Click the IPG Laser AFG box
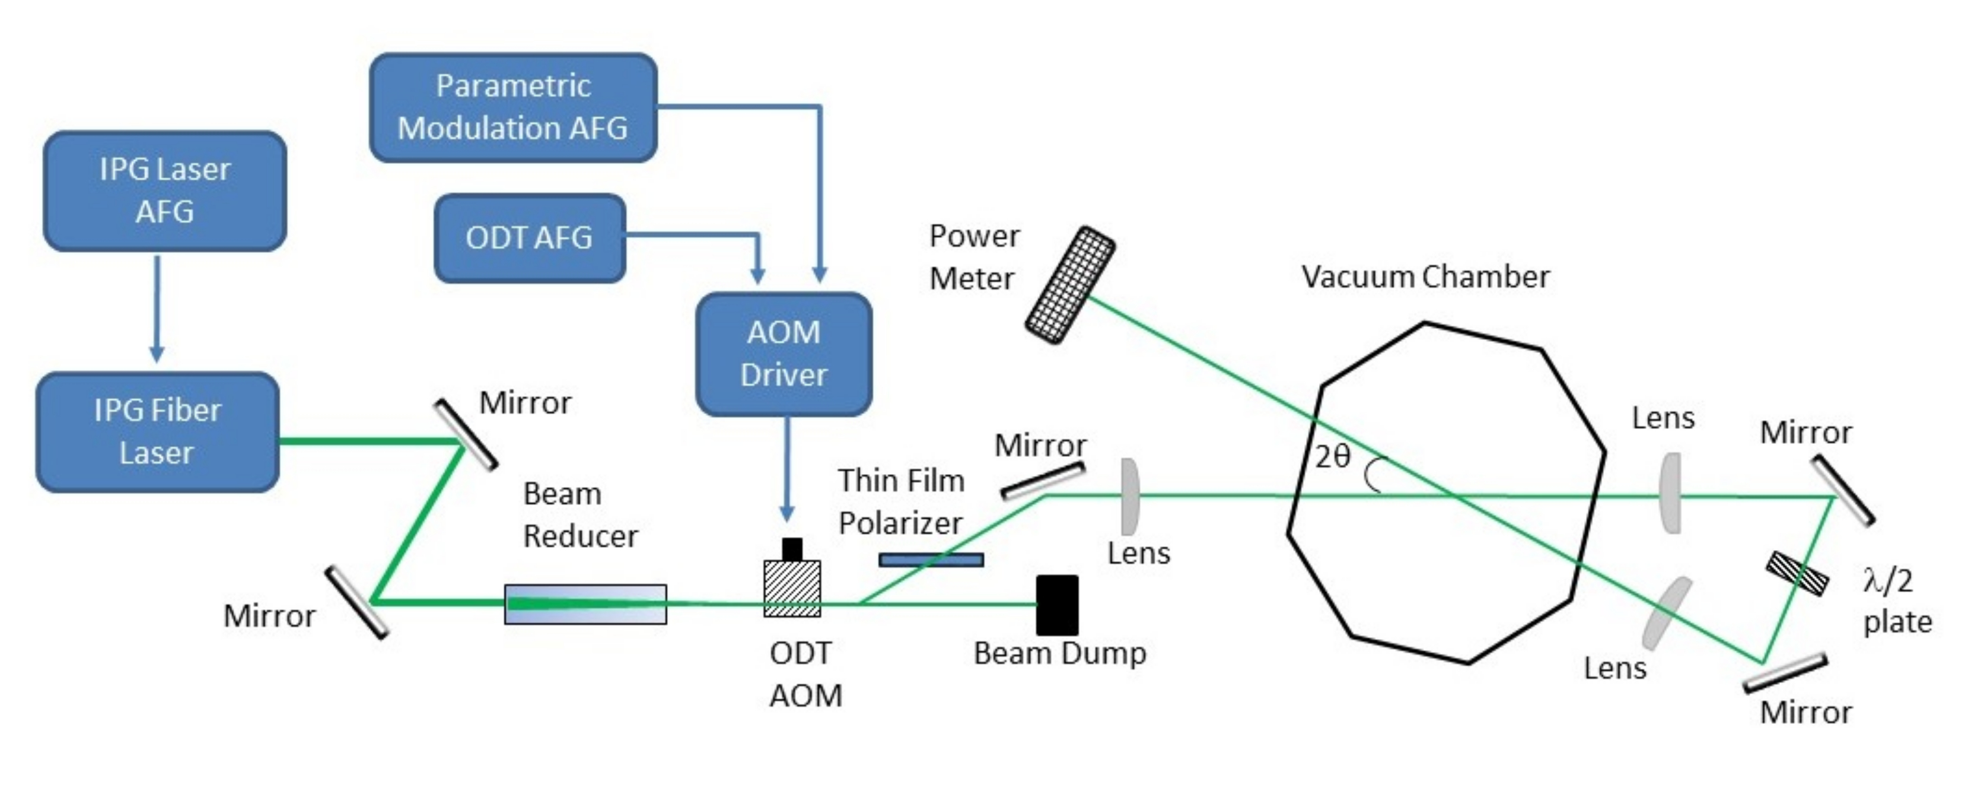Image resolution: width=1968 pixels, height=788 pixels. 164,191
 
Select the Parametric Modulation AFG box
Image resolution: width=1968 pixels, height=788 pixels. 512,107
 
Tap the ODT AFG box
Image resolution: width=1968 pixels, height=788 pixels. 530,238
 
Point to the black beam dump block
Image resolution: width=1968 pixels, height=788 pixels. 1056,605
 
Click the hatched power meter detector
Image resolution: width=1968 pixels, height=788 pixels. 1069,284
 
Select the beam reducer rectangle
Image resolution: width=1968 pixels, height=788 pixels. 585,604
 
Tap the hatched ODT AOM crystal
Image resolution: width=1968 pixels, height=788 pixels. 792,588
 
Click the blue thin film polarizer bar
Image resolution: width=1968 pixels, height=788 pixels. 931,560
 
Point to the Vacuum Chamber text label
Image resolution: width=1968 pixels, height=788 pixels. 1425,277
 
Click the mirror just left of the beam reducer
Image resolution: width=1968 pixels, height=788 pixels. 357,602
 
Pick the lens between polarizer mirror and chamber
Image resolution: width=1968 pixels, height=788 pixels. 1130,496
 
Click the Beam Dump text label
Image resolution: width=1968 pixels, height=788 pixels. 1060,653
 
